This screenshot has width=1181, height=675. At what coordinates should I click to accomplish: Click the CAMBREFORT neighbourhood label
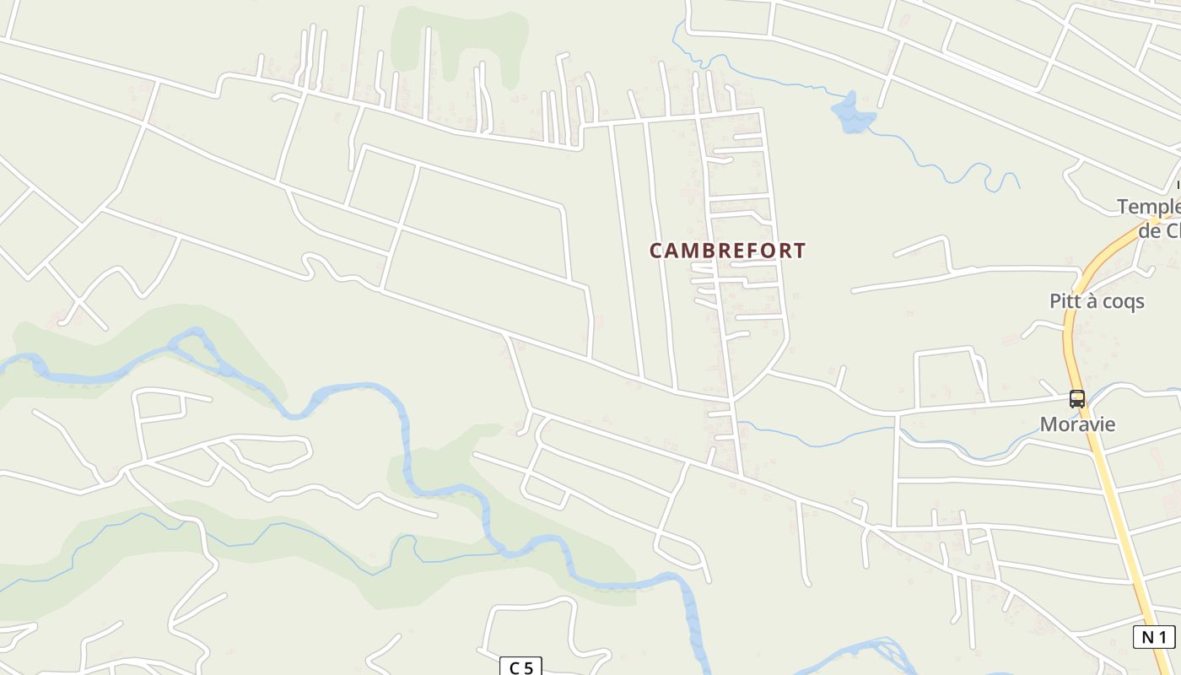point(727,251)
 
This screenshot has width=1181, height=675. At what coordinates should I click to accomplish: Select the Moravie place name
point(1089,424)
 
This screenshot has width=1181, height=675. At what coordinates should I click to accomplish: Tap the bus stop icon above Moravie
point(1077,399)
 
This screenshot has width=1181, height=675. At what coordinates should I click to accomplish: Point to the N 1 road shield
point(1154,637)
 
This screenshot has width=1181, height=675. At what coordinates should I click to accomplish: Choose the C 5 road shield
point(521,667)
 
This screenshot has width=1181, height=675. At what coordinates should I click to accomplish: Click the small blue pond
point(852,114)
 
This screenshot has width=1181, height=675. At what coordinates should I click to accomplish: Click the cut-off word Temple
point(1148,208)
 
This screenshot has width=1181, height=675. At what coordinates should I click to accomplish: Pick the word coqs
point(1121,301)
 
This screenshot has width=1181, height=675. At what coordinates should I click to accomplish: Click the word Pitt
point(1065,301)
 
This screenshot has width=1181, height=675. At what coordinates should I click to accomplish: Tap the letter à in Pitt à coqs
point(1088,301)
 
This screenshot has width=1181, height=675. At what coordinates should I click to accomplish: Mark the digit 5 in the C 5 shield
point(528,668)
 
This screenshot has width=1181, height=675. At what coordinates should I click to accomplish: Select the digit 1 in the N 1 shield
point(1162,637)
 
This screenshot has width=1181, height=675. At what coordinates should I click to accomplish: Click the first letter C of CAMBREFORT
point(655,251)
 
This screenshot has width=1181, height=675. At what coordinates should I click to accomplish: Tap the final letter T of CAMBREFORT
point(800,251)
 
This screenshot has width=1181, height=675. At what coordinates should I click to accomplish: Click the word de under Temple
point(1149,231)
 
